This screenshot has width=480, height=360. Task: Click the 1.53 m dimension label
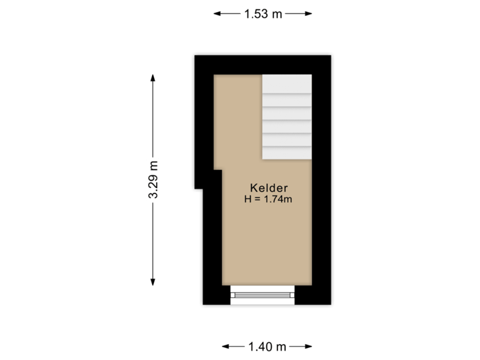click(x=263, y=13)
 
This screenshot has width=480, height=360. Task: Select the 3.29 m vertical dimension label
click(x=153, y=179)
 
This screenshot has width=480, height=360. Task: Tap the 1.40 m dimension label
click(x=267, y=346)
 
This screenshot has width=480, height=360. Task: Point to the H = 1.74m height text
click(x=269, y=198)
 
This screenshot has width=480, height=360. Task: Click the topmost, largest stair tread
click(x=287, y=84)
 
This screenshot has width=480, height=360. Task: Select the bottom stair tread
click(x=287, y=153)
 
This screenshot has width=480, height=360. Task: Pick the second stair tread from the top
click(x=287, y=100)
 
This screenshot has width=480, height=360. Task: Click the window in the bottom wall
click(x=262, y=294)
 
